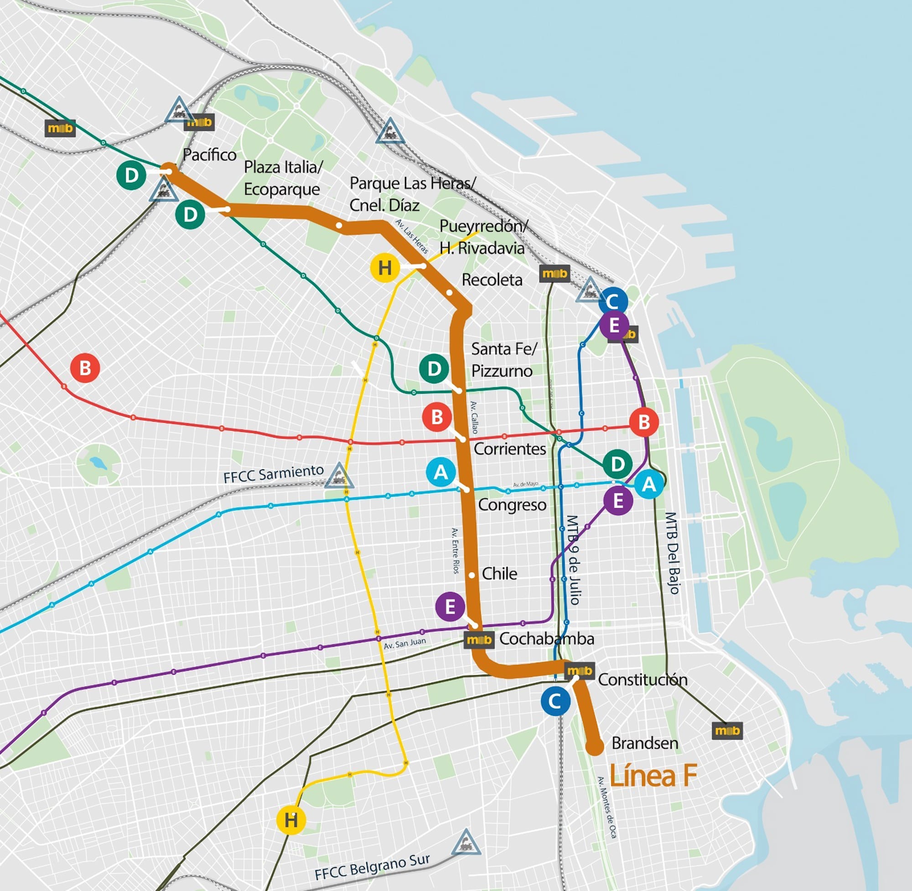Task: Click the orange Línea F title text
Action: (x=653, y=776)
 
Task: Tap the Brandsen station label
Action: (x=644, y=743)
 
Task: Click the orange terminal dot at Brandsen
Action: (x=595, y=747)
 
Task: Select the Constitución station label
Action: (x=643, y=679)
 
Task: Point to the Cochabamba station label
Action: (x=546, y=639)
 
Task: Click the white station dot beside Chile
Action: (x=472, y=575)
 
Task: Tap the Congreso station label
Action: (x=512, y=505)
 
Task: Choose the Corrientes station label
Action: (x=509, y=449)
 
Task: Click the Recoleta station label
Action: (x=492, y=280)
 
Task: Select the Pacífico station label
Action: (x=209, y=155)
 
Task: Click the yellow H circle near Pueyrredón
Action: (x=385, y=268)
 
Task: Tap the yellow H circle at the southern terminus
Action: (x=291, y=820)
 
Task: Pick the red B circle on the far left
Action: (x=85, y=368)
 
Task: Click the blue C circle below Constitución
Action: (x=555, y=701)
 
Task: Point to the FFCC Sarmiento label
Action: (x=273, y=474)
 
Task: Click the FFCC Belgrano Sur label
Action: (x=372, y=867)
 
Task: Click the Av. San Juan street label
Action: (x=404, y=643)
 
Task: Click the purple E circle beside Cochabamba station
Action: (x=450, y=607)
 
